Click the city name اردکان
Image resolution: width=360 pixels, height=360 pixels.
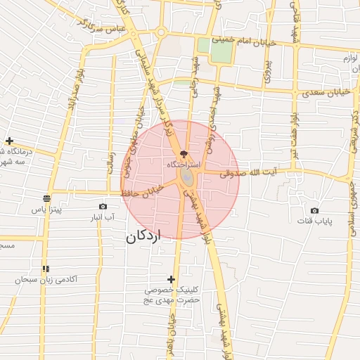coord(143,236)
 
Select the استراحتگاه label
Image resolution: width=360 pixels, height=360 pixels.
coord(184,163)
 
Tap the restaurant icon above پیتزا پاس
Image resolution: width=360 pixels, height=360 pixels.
coord(46,198)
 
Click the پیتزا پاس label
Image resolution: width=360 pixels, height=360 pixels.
coord(46,210)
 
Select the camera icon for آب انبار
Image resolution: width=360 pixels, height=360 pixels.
coord(103,206)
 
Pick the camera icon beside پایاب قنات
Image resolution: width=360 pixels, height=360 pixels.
coord(314,210)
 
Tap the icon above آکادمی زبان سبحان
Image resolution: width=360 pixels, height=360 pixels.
coord(46,269)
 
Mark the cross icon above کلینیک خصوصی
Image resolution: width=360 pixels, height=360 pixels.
coord(171,279)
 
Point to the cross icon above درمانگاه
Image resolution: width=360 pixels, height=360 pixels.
coord(8,141)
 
